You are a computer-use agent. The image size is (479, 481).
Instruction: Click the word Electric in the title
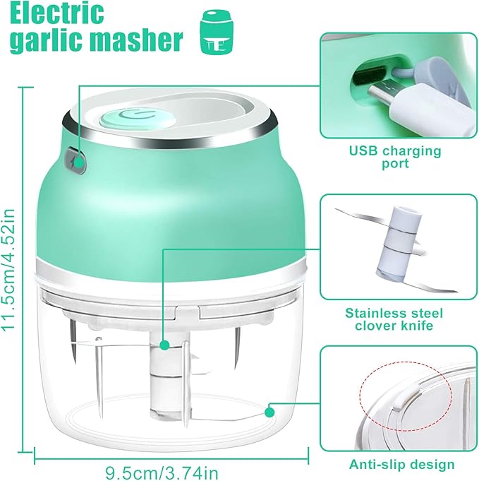coord(57,13)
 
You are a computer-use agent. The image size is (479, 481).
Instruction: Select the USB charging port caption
coord(395,157)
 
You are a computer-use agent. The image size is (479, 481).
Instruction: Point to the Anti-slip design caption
coord(402,464)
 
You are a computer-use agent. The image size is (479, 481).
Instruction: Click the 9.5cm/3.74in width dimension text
coord(162,470)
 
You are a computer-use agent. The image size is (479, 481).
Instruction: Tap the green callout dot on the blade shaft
coord(164,345)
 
